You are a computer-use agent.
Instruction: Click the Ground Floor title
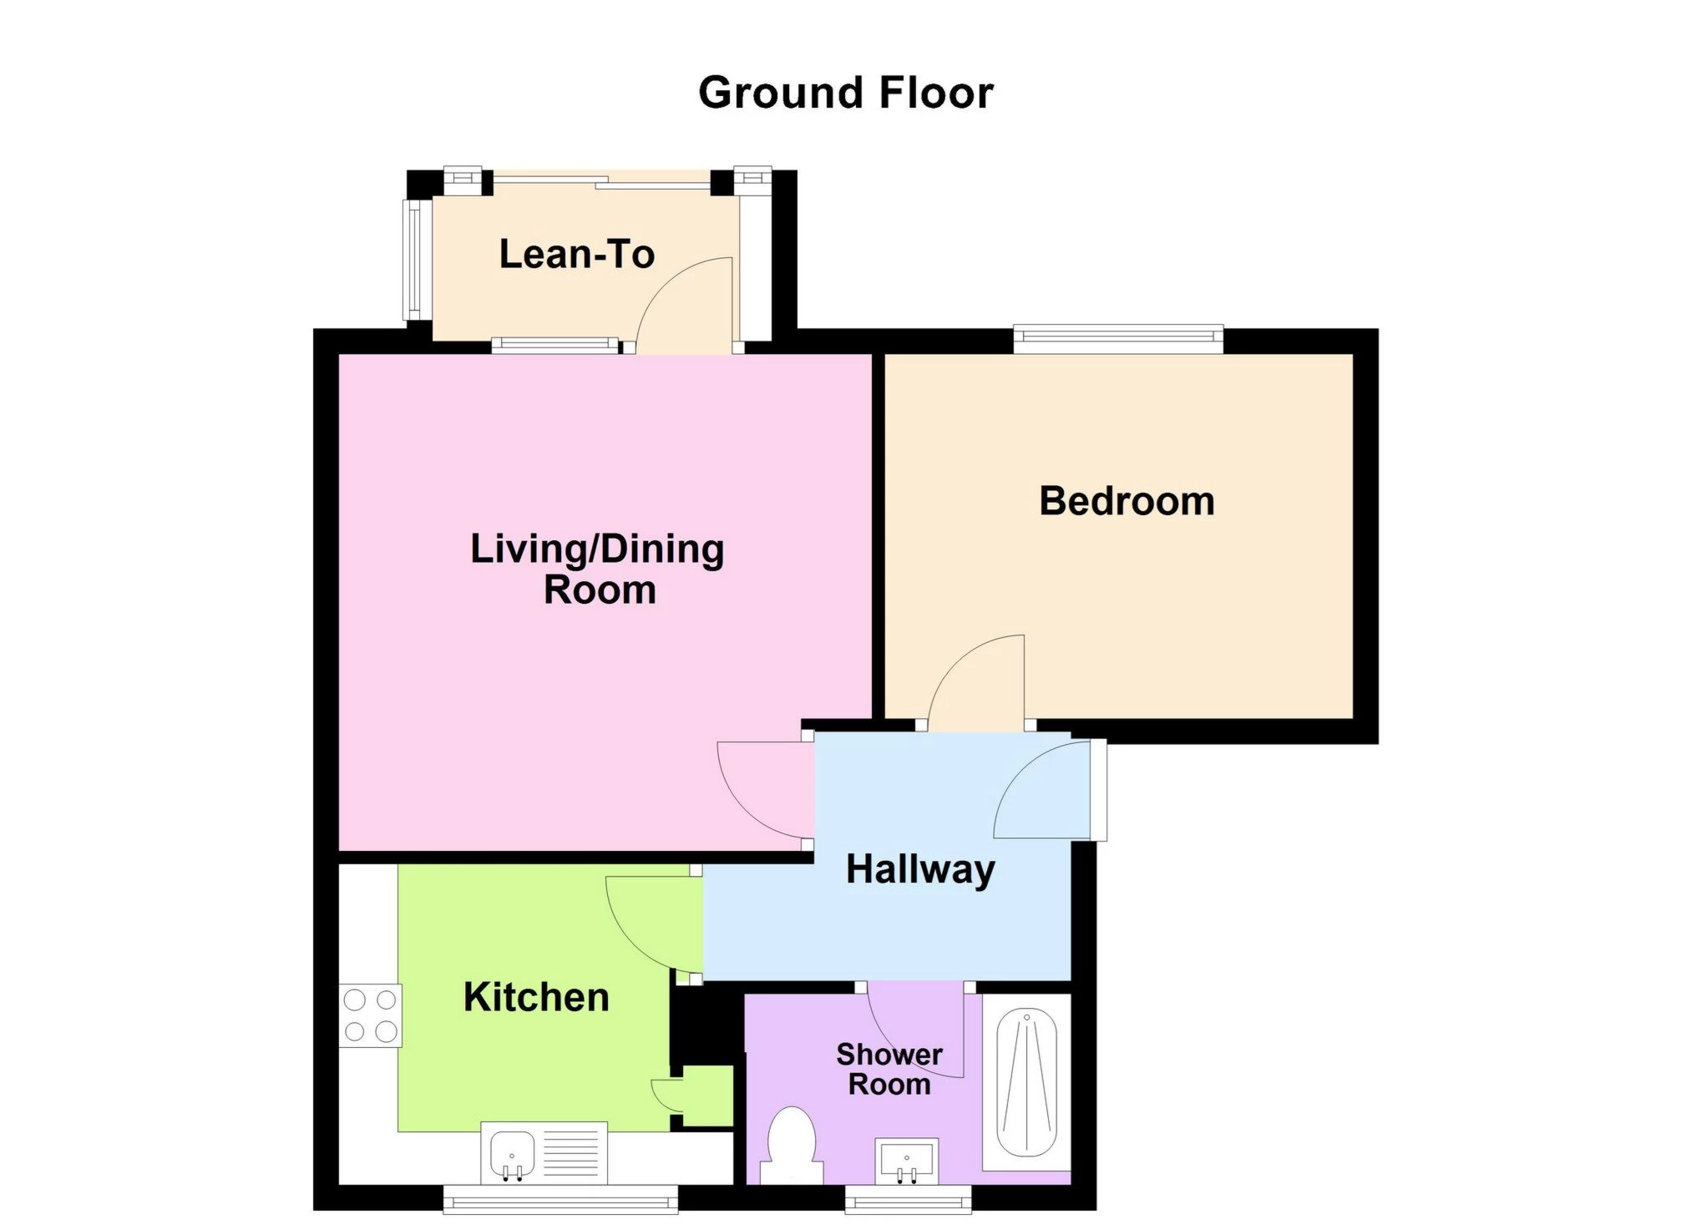[x=845, y=92]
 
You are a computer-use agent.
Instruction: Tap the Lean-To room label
[x=576, y=254]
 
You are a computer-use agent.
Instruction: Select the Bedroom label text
[x=1126, y=501]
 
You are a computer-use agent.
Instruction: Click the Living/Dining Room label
[x=598, y=569]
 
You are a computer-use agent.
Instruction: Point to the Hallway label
[x=920, y=870]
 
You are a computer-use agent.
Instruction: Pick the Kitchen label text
[x=536, y=997]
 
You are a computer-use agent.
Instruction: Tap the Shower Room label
[x=889, y=1069]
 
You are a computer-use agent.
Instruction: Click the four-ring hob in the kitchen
[x=371, y=1015]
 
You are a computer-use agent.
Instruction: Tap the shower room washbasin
[x=907, y=1161]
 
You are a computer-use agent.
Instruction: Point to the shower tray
[x=1026, y=1082]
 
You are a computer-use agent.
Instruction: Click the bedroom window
[x=1118, y=338]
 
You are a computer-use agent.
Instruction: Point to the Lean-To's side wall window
[x=413, y=259]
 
